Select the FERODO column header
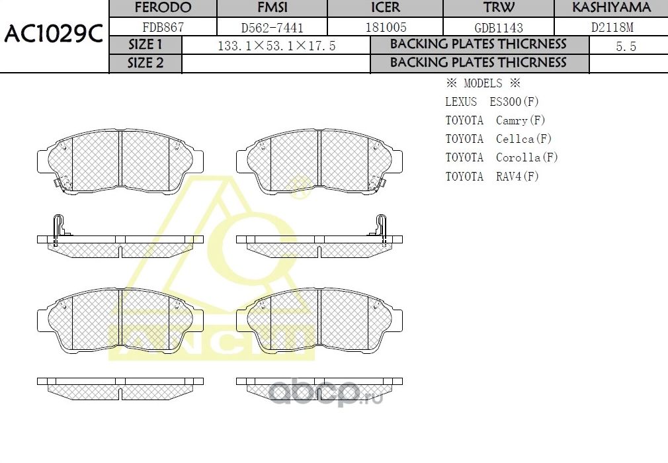pyautogui.click(x=163, y=8)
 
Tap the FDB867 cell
pyautogui.click(x=163, y=28)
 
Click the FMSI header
pyautogui.click(x=273, y=8)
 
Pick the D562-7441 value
pyautogui.click(x=273, y=28)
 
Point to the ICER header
pyautogui.click(x=386, y=8)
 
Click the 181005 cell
pyautogui.click(x=386, y=28)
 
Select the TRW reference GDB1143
pyautogui.click(x=499, y=28)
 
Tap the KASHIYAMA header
pyautogui.click(x=611, y=8)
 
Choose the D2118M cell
pyautogui.click(x=611, y=28)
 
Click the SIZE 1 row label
pyautogui.click(x=145, y=45)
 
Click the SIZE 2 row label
pyautogui.click(x=145, y=63)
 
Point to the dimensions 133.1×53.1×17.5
pyautogui.click(x=276, y=46)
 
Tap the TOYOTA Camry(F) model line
pyautogui.click(x=495, y=120)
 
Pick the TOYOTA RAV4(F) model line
pyautogui.click(x=492, y=177)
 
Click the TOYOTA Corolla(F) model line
pyautogui.click(x=501, y=157)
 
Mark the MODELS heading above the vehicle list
pyautogui.click(x=483, y=83)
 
